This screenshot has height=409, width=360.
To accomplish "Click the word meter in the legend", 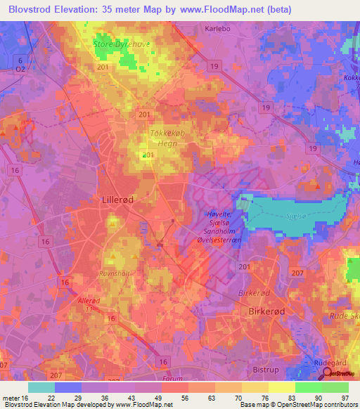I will click(13, 398).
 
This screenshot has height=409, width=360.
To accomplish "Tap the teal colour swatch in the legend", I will click(41, 387).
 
